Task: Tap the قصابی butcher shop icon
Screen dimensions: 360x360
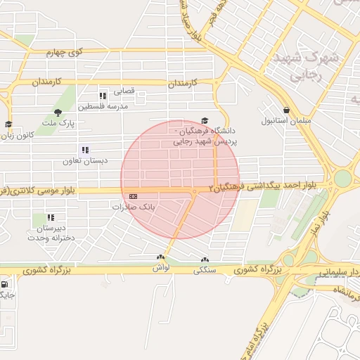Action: coord(103,95)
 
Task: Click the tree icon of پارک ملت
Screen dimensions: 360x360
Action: coord(58,112)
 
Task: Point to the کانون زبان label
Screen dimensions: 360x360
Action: coord(19,134)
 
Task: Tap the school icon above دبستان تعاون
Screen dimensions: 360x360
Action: coord(85,150)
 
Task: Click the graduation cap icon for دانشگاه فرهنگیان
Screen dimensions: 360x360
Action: coord(205,121)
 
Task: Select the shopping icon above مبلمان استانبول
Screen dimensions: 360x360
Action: coord(287,110)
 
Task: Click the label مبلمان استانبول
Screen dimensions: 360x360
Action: coord(281,121)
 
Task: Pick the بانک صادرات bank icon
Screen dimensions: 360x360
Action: coord(134,197)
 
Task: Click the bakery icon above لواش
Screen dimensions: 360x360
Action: coord(161,258)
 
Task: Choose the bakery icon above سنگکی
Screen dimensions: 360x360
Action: coord(205,259)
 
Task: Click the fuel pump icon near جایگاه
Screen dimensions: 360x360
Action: coord(6,285)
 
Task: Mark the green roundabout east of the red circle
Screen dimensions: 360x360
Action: coord(342,179)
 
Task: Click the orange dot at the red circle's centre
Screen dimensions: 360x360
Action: coord(194,191)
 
